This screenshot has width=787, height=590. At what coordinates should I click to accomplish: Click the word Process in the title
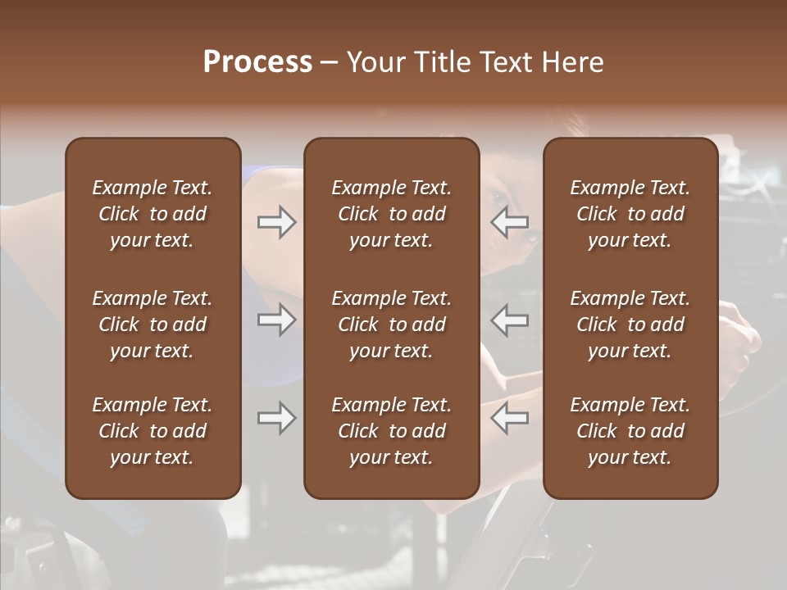[257, 62]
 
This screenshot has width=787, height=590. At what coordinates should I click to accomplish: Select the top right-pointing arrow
[276, 222]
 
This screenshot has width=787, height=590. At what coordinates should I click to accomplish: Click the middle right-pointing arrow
[276, 320]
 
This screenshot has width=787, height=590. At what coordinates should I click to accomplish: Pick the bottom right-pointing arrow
[276, 419]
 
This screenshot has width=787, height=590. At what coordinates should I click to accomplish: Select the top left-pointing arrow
[510, 222]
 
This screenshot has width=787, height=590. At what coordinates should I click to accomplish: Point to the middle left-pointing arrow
[510, 320]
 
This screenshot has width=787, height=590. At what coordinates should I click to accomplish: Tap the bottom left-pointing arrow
[510, 419]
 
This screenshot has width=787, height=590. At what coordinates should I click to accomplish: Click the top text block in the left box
[152, 214]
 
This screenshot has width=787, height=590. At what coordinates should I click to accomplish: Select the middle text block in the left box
[152, 324]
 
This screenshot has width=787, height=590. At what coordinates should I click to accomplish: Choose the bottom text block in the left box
[152, 431]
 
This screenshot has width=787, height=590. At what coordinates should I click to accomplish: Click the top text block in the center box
[391, 214]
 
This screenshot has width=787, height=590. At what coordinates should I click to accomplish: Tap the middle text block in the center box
[391, 324]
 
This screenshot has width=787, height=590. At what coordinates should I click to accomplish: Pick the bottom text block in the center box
[391, 431]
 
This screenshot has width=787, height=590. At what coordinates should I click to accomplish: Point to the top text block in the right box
[630, 214]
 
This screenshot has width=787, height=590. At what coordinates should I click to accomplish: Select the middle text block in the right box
[630, 324]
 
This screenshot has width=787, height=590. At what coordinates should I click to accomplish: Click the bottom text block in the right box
[630, 431]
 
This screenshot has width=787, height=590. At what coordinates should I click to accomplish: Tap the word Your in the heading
[375, 62]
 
